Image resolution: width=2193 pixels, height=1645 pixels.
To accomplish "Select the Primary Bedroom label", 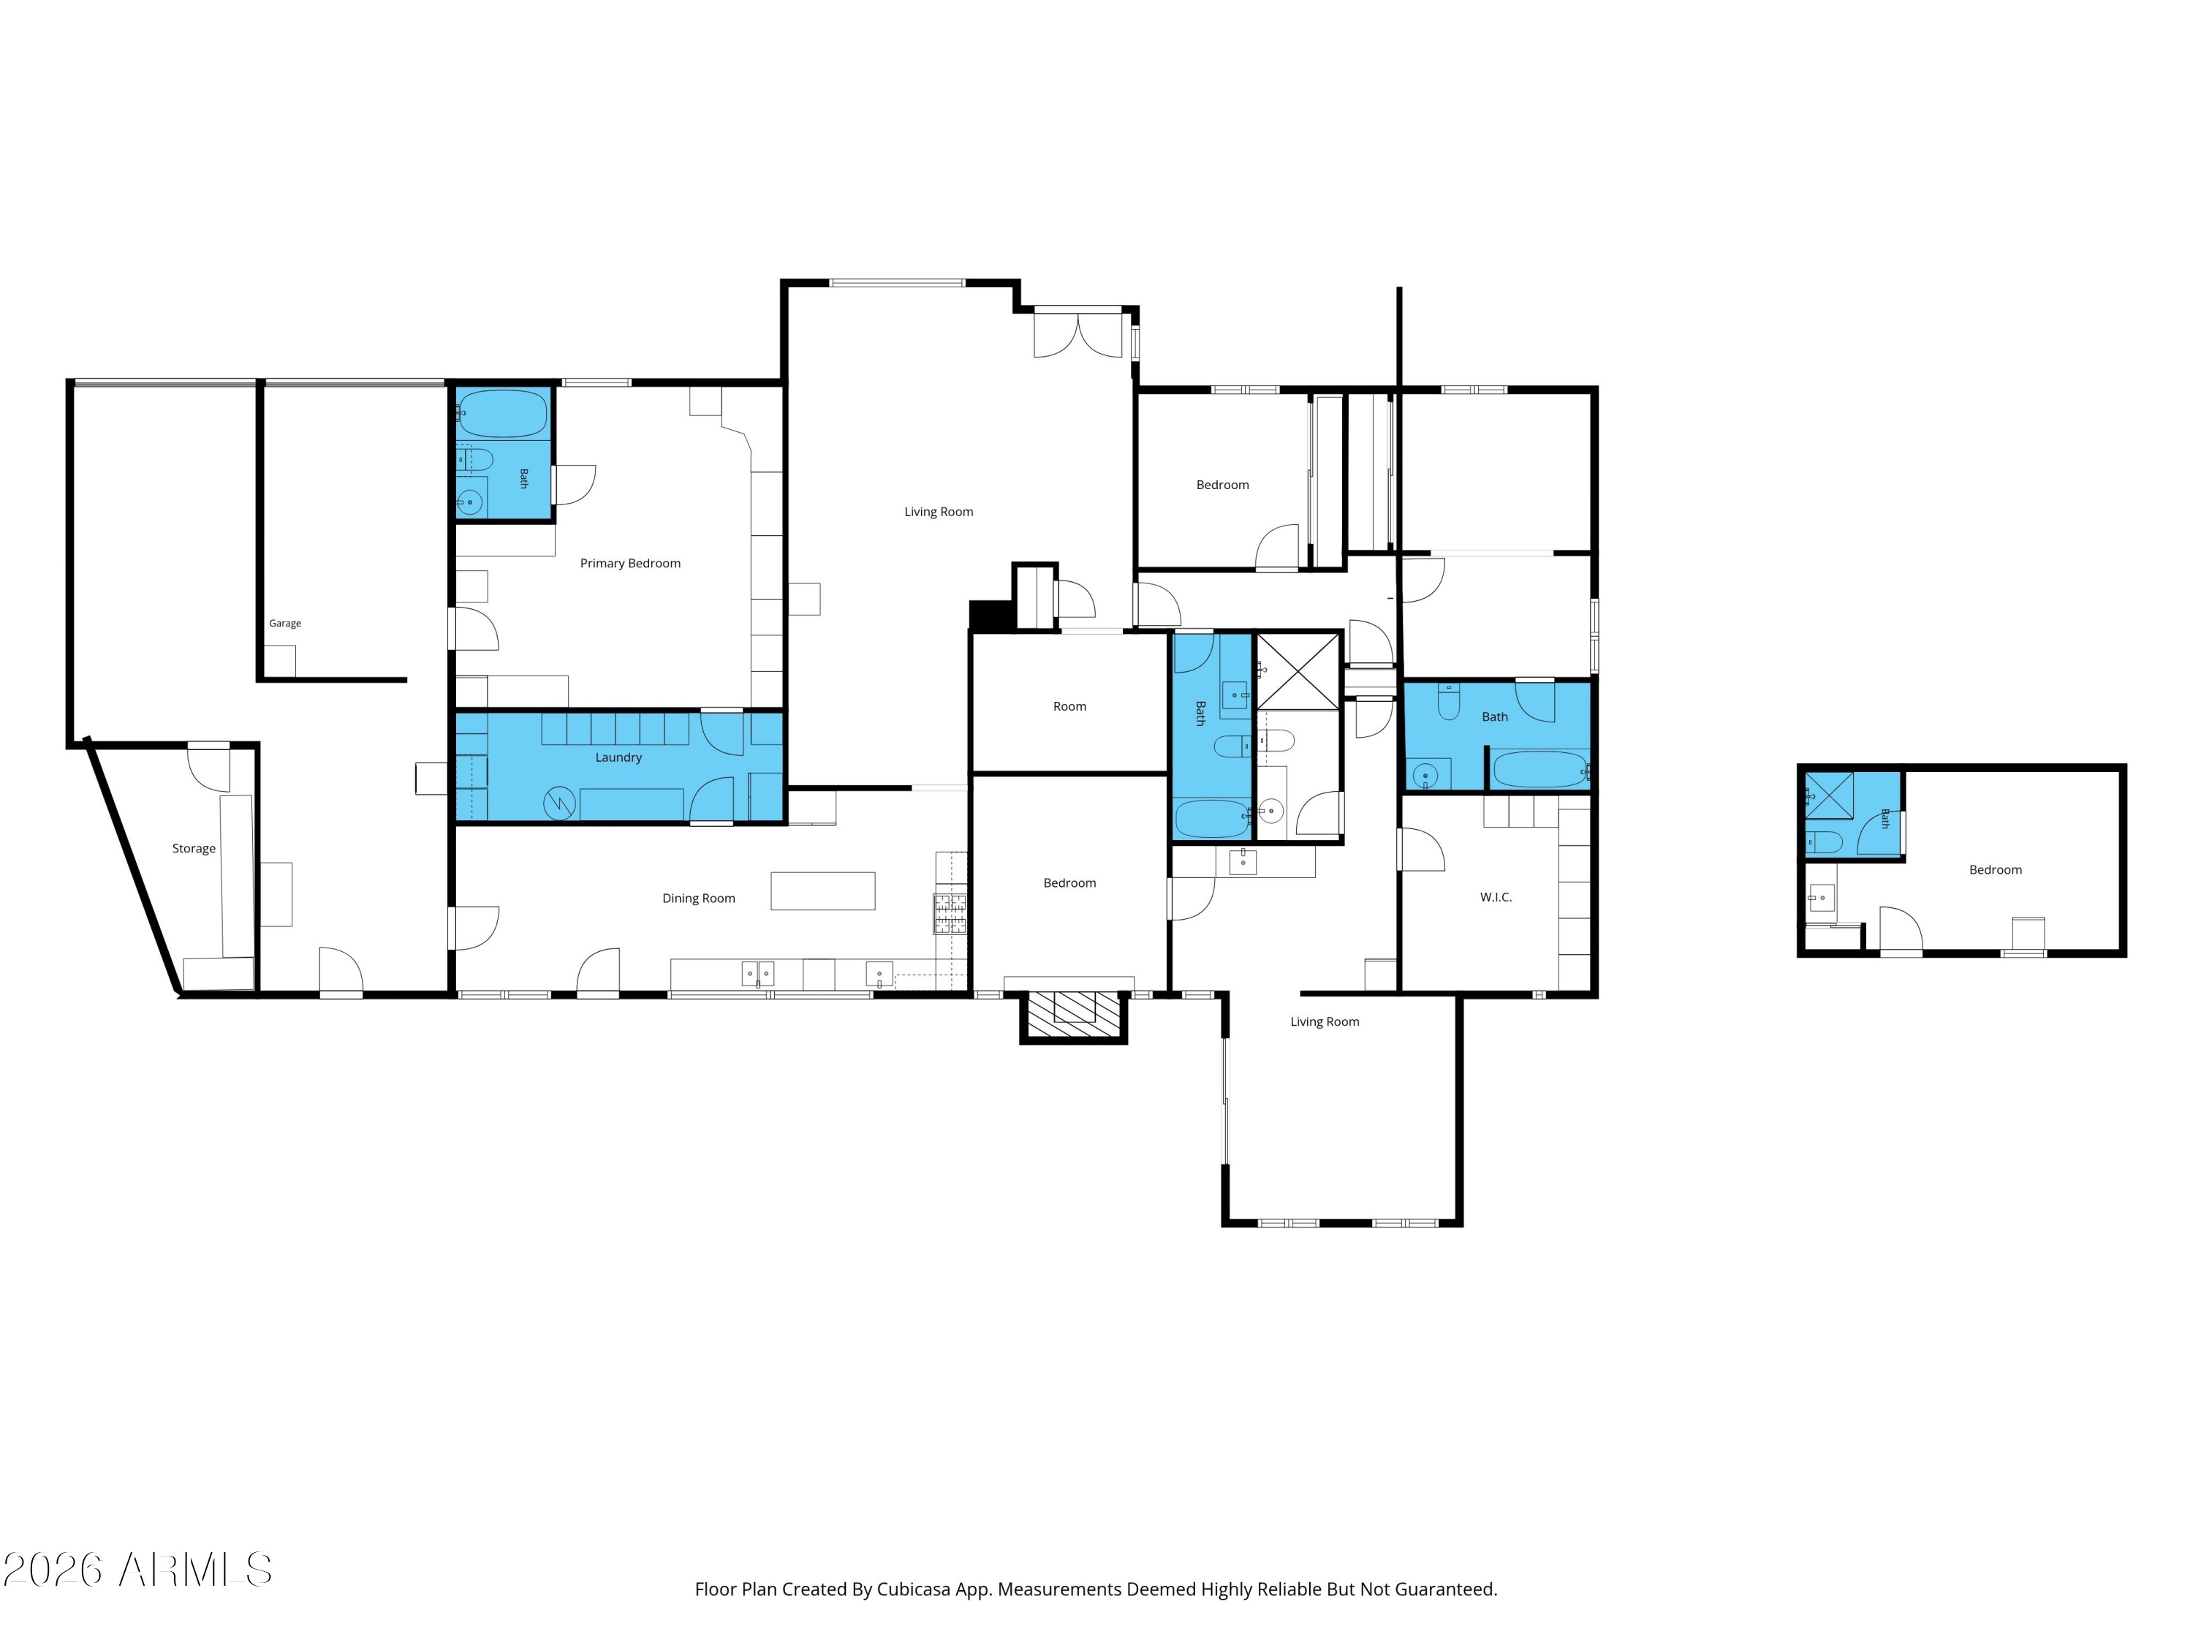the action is [631, 563].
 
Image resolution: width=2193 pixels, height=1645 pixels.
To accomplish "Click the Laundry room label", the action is [618, 757].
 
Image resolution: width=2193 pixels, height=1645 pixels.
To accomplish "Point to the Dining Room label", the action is [699, 899].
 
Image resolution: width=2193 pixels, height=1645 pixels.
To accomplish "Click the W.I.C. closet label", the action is [1496, 897].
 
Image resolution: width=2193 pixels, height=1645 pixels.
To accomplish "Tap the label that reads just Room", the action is [1069, 707].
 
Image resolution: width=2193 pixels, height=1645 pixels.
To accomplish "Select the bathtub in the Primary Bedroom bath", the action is [503, 415].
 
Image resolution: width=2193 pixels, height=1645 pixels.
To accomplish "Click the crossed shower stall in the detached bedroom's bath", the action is [1829, 796].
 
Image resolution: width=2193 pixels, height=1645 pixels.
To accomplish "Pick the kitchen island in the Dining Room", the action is [823, 890].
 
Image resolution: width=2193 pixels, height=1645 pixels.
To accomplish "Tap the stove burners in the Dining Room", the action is [950, 913].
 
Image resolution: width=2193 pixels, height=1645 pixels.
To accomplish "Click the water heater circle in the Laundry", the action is [559, 803].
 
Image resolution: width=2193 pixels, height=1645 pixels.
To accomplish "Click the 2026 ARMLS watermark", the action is [138, 1570].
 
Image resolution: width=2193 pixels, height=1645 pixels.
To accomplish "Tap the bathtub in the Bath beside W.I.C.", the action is [1539, 769].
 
